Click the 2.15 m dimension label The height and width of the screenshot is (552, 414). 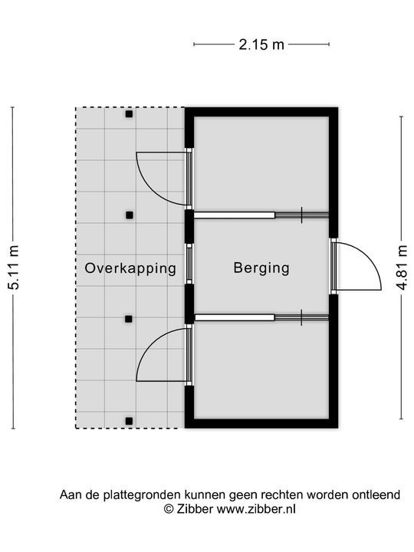click(261, 44)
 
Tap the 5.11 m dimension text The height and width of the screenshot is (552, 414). click(13, 268)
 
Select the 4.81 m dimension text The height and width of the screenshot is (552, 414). click(401, 268)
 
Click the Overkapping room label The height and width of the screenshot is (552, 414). click(131, 268)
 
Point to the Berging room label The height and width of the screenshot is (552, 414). click(261, 268)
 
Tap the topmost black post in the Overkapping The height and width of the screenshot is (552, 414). click(130, 114)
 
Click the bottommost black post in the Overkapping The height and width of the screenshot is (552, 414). click(130, 419)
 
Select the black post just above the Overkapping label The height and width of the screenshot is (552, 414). click(130, 215)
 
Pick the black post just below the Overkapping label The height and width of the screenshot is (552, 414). click(130, 318)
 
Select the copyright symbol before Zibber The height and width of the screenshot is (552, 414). click(169, 508)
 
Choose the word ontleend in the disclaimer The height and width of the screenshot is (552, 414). click(375, 495)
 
